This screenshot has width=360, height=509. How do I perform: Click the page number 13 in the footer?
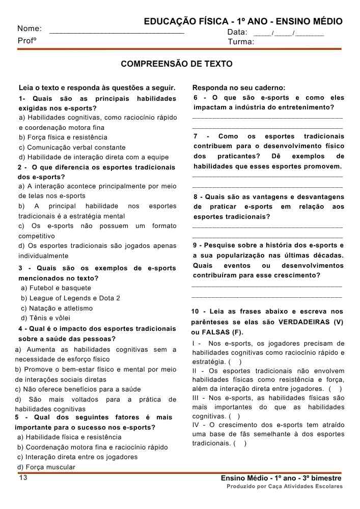(x=23, y=478)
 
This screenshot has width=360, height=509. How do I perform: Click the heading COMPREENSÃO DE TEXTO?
(x=177, y=64)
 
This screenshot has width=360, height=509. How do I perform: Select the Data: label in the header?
(x=237, y=32)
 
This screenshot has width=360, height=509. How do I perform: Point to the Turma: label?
(x=241, y=42)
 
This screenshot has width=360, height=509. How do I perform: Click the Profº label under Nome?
(x=27, y=40)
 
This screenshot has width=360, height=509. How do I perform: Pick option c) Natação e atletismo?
(x=57, y=308)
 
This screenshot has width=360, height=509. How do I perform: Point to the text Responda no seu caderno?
(x=238, y=88)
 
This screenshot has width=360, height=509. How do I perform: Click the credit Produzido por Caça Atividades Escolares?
(x=285, y=487)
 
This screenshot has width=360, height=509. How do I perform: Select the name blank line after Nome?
(x=117, y=32)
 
